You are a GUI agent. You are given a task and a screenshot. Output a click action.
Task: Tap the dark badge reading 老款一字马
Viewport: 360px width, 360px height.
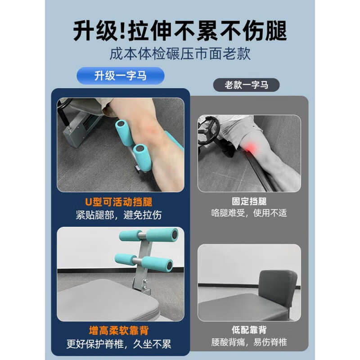[x=246, y=84]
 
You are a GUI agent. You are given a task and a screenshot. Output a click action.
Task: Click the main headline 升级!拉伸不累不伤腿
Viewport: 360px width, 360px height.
[x=180, y=31]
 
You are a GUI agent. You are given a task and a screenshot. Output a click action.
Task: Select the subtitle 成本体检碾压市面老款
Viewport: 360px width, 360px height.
[x=180, y=54]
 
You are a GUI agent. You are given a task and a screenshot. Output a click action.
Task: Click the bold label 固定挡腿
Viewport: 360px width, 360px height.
[x=249, y=202]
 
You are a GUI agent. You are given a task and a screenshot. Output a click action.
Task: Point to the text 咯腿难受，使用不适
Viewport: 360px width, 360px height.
[x=249, y=213]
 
